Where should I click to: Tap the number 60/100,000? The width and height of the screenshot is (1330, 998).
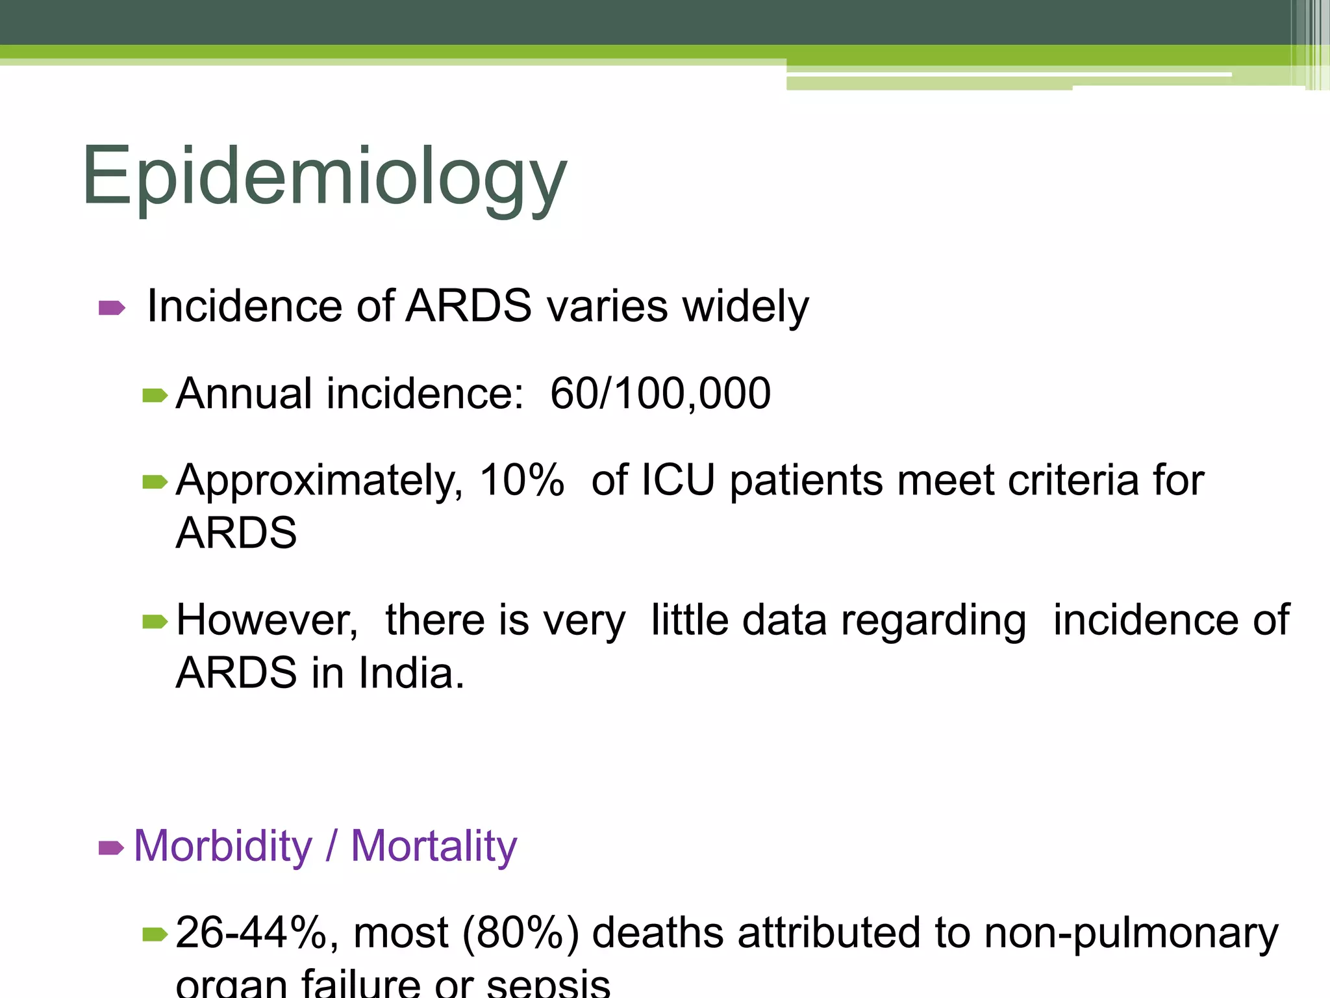660,394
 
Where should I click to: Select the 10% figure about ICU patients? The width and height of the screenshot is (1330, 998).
521,481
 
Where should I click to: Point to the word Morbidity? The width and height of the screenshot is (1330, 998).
223,846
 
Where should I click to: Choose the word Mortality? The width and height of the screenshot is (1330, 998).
434,846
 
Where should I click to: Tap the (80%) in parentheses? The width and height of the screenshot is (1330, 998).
520,933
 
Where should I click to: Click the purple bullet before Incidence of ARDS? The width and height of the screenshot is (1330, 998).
111,307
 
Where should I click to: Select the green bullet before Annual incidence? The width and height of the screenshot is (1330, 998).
155,395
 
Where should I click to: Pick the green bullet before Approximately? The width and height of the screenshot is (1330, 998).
155,482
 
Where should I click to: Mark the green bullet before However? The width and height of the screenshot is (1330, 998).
155,622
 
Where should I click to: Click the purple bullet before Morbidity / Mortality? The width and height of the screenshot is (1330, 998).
111,847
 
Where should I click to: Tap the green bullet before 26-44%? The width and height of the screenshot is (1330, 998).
155,934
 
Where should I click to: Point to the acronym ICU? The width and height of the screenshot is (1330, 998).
677,481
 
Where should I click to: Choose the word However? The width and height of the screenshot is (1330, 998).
267,621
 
